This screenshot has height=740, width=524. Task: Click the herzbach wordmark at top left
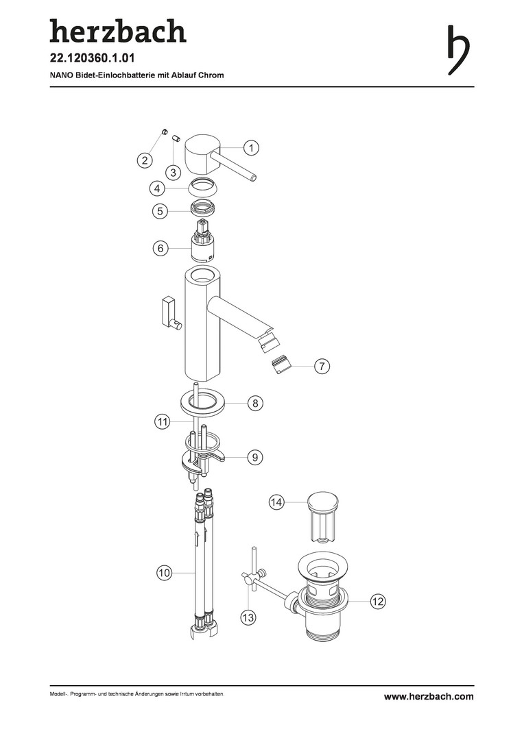point(118,31)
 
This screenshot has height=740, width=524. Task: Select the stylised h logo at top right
point(458,50)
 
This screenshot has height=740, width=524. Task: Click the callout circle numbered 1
point(251,148)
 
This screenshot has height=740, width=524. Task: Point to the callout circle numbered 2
point(145,160)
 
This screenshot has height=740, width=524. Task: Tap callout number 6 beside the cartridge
point(160,248)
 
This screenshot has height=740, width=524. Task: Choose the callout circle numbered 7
point(322,366)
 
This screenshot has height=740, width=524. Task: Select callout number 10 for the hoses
point(164,573)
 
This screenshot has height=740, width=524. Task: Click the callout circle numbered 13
point(248,617)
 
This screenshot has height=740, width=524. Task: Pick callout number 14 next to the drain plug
point(276,502)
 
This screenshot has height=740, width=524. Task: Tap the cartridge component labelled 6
point(204,241)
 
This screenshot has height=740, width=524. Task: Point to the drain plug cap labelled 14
point(323,517)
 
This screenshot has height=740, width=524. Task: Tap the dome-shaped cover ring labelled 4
point(204,188)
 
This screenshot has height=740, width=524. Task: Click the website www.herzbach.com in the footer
point(429,697)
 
